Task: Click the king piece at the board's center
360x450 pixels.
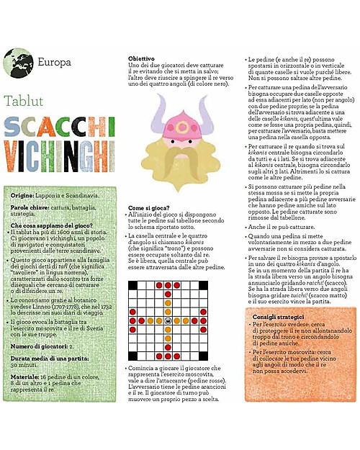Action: point(168,321)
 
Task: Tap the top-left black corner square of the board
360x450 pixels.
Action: point(132,285)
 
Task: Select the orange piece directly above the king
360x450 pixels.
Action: point(168,312)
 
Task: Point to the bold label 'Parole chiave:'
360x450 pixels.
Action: point(31,207)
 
